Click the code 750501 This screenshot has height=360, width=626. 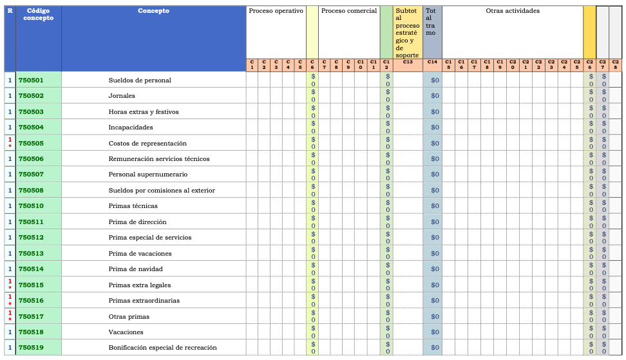[x=31, y=81]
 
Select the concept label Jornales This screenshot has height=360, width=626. [x=122, y=96]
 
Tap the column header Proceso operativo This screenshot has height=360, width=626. [x=276, y=11]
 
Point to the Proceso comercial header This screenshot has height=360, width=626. [x=348, y=11]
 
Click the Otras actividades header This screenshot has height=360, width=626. [x=513, y=11]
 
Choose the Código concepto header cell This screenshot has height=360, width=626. [x=35, y=14]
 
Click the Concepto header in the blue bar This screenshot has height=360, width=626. [x=154, y=11]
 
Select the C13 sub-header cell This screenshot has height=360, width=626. [x=407, y=62]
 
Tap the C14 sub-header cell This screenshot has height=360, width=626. [x=432, y=62]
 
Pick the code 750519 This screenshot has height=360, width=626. [x=31, y=348]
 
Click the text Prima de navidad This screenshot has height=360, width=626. [x=135, y=269]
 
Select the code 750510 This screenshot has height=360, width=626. [x=31, y=206]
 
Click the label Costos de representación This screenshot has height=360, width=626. [x=147, y=143]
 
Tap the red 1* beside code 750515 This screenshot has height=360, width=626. [x=10, y=285]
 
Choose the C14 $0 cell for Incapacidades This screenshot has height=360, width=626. [x=435, y=128]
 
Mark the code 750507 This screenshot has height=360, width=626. [x=31, y=175]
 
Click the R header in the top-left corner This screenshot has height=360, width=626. [x=10, y=11]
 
